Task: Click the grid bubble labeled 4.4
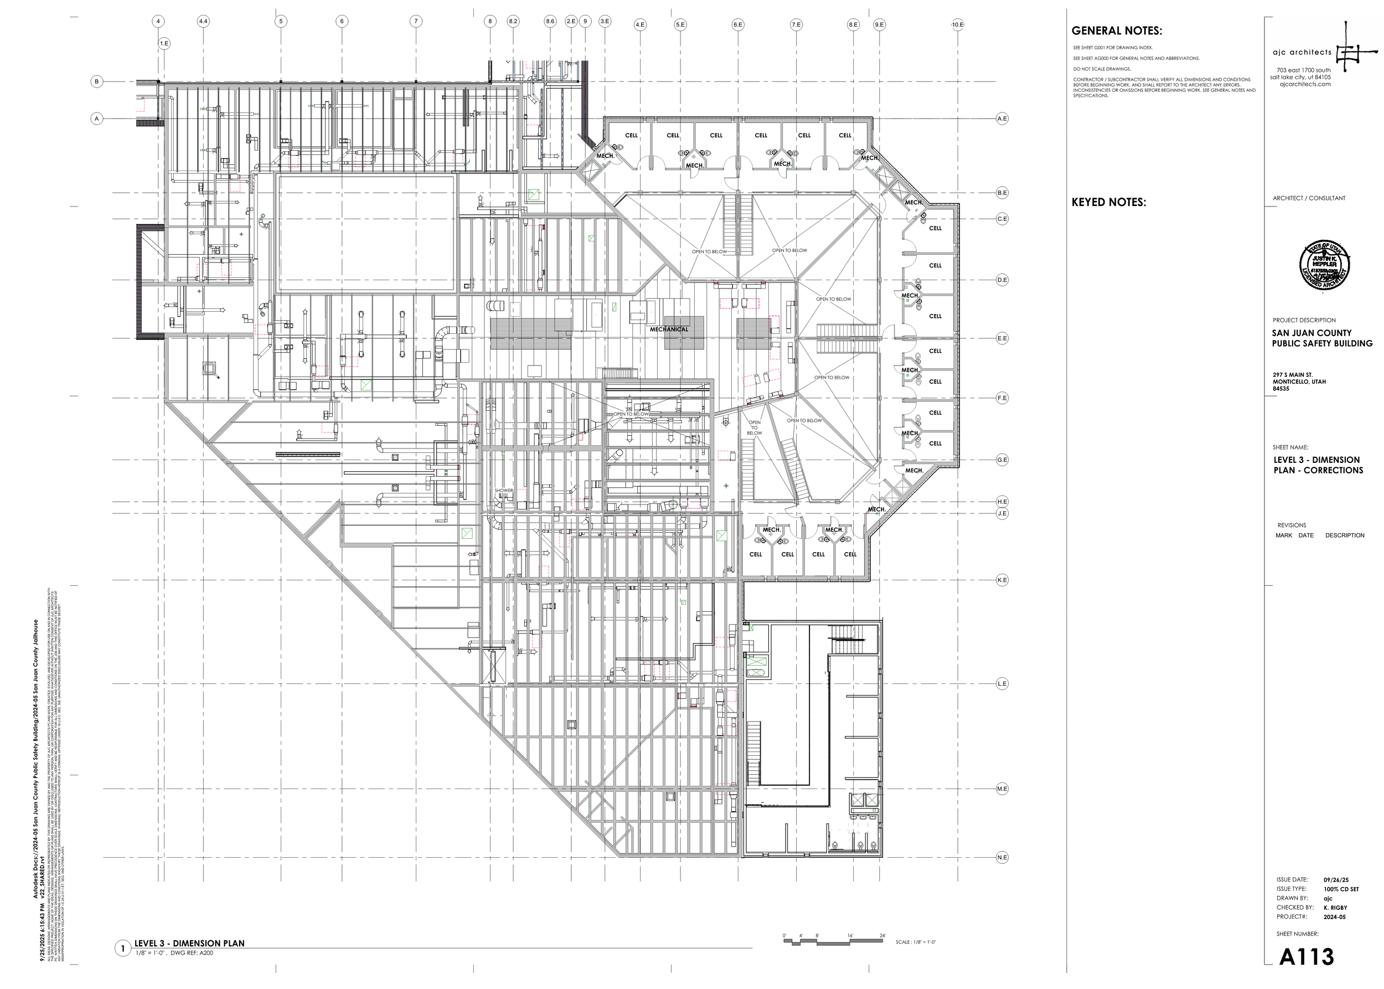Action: coord(203,21)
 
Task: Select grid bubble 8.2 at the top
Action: coord(513,21)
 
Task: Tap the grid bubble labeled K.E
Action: coord(1001,580)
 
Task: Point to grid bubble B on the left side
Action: coord(97,81)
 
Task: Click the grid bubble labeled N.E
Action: coord(1001,857)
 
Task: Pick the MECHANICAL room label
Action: coord(669,329)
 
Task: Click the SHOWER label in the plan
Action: coord(504,490)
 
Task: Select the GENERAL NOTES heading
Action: coord(1116,31)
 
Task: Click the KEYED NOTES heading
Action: coord(1108,202)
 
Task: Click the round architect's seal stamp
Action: coord(1324,265)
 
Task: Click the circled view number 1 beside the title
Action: coord(123,948)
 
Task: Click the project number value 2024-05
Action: coord(1334,916)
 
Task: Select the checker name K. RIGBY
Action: coord(1335,908)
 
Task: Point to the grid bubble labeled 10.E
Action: coord(957,24)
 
